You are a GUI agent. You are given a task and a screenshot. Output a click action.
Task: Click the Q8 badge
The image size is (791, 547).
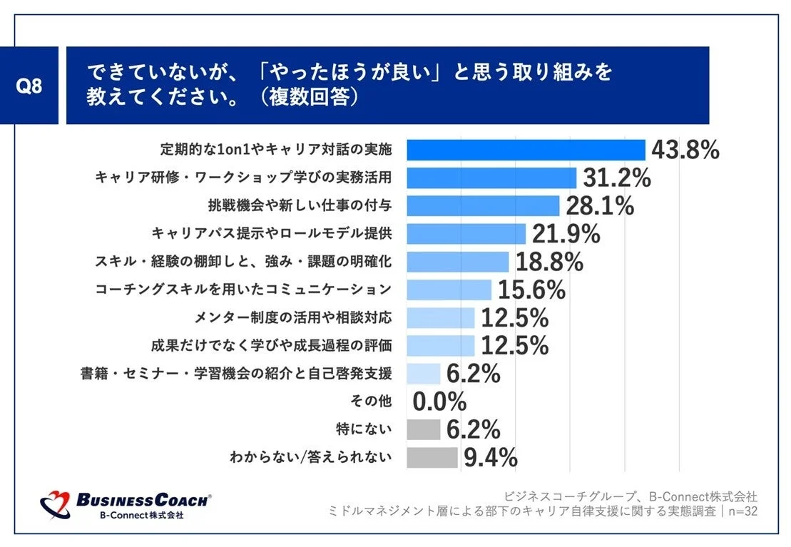point(30,86)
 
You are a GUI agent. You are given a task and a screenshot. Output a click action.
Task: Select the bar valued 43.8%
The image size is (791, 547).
point(526,150)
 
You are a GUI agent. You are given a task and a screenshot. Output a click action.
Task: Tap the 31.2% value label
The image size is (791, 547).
point(617,178)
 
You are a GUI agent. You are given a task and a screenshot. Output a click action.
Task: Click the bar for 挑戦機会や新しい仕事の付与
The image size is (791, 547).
point(483,206)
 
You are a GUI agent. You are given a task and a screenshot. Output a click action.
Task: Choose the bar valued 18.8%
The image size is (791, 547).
point(457,262)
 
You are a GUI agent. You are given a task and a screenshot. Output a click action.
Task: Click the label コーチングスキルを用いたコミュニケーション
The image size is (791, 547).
point(243,290)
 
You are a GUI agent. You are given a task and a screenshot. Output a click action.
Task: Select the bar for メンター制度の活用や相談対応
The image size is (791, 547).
point(440,317)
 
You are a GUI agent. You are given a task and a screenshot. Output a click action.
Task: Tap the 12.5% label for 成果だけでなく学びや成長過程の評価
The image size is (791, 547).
point(514,345)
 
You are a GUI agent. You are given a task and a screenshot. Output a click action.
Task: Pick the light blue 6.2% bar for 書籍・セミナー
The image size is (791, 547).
point(424,373)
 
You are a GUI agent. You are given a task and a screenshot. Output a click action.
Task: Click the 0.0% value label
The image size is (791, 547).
point(439,402)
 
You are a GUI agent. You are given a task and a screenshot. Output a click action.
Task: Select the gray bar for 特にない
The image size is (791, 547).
point(424,429)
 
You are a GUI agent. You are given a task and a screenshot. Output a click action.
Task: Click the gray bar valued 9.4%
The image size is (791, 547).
point(432,457)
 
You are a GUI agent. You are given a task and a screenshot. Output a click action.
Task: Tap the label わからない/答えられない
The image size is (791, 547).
point(310,457)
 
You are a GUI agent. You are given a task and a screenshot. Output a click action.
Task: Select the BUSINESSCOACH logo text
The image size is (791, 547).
point(143,500)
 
